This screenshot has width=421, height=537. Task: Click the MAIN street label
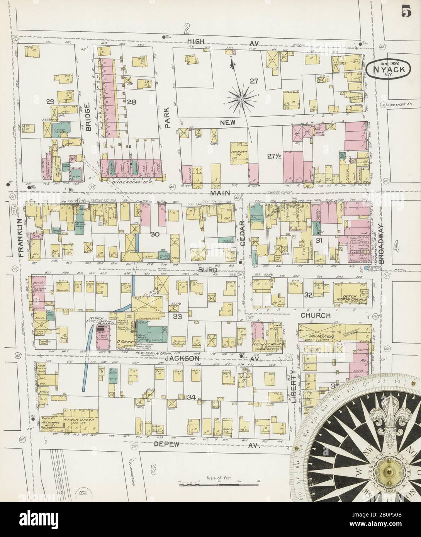click(x=220, y=192)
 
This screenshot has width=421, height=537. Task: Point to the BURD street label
click(x=207, y=271)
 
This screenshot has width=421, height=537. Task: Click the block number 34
click(x=191, y=397)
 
